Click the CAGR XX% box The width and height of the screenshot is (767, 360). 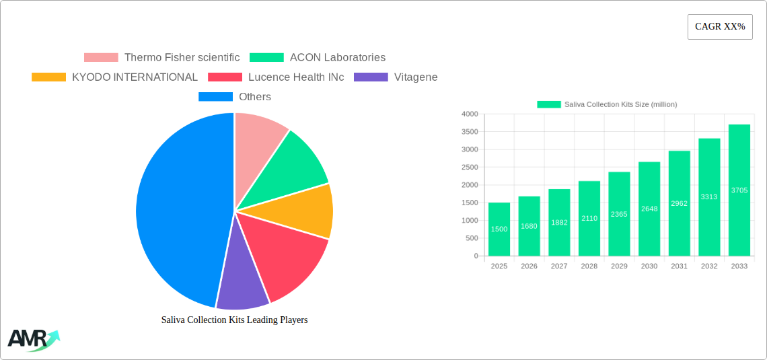point(720,27)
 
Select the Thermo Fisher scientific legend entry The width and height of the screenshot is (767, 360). point(161,58)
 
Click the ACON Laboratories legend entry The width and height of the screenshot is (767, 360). point(318,58)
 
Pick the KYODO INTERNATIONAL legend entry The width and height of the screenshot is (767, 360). point(115,77)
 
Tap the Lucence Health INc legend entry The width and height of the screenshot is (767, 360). point(277,77)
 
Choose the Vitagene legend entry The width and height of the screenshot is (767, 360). point(396,77)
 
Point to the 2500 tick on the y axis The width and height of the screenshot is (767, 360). point(469,168)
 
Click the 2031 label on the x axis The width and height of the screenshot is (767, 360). point(679,266)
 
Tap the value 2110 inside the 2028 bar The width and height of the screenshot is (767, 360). point(589,218)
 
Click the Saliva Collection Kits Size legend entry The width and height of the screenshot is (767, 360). point(607,104)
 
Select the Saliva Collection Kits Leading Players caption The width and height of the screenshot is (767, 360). point(234,320)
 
